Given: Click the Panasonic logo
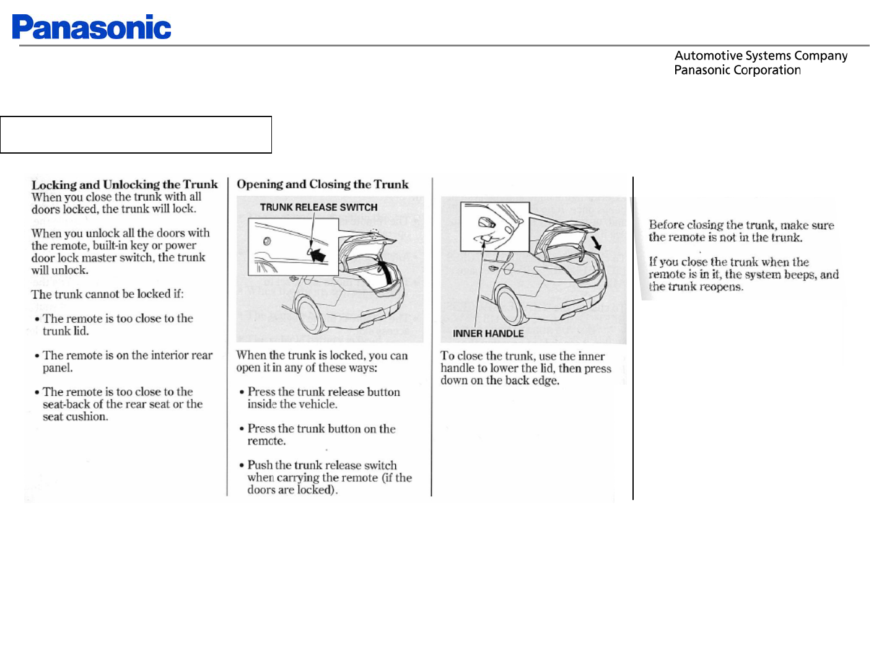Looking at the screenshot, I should (x=92, y=27).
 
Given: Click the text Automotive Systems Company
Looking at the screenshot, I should (x=761, y=56).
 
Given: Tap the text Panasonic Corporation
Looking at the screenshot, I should (x=737, y=70).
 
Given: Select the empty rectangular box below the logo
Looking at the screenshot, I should (x=136, y=134).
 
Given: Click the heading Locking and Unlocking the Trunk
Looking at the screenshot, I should (x=125, y=185).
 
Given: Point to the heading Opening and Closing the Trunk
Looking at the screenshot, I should (x=323, y=184).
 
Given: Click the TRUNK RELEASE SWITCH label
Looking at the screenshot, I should (x=318, y=208).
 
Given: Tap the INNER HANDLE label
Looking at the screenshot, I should (x=488, y=334).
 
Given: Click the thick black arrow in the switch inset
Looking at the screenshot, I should (x=318, y=253).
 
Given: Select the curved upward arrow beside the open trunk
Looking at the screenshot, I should (x=386, y=273).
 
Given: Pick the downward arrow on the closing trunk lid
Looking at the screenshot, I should (x=596, y=241).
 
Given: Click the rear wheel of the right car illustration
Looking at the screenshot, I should (x=511, y=305).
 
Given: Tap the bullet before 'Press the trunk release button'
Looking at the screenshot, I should (x=242, y=392).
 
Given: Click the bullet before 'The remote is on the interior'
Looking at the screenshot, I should (x=37, y=356).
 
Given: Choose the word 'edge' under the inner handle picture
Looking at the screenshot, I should (x=545, y=381).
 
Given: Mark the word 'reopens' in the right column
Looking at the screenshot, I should (x=721, y=287).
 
